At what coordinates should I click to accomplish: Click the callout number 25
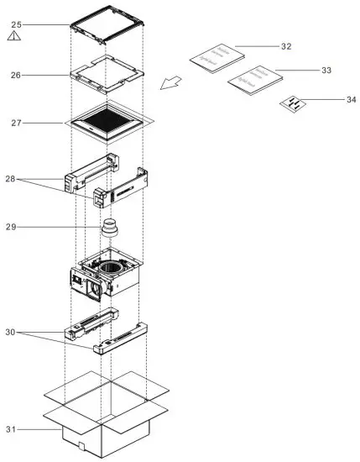click(x=16, y=24)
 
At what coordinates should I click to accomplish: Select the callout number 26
click(x=16, y=76)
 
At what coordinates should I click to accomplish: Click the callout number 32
click(x=286, y=45)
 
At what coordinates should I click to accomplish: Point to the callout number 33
click(x=326, y=71)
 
